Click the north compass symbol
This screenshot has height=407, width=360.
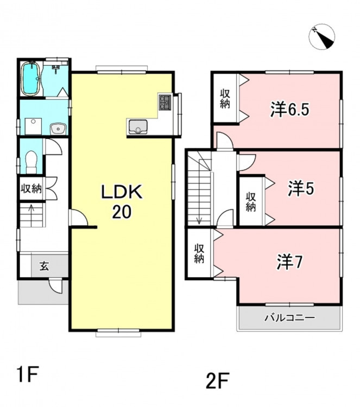pos(322,36)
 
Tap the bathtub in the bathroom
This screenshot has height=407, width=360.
pos(30,78)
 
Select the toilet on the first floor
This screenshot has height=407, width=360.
pos(31,162)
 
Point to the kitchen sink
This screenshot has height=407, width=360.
pos(138,127)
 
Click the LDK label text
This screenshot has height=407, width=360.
pos(122,192)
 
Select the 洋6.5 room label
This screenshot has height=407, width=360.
pos(289,109)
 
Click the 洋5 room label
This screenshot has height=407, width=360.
pos(301,188)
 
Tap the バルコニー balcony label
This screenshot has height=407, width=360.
pos(289,317)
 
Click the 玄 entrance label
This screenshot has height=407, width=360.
pos(44,266)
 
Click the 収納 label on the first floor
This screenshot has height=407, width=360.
pos(31,188)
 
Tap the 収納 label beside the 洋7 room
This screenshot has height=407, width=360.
pos(199,254)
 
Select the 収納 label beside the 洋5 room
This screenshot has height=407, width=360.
pos(251,202)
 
